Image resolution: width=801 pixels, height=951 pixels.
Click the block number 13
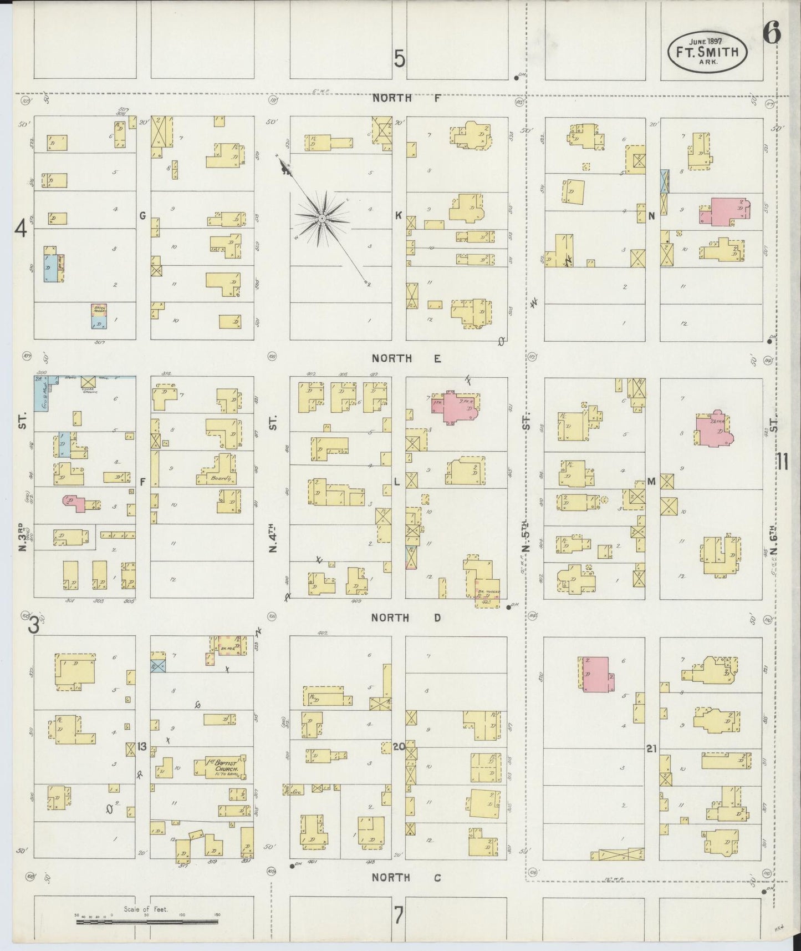(x=142, y=746)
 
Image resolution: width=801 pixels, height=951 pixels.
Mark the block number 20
(x=399, y=747)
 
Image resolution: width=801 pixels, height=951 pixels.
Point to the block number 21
(x=651, y=748)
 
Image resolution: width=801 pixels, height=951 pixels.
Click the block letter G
(x=142, y=215)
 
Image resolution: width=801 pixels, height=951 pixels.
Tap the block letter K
(x=398, y=215)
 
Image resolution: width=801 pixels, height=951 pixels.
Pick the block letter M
(x=651, y=481)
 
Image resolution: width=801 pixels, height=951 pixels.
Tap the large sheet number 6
(x=771, y=34)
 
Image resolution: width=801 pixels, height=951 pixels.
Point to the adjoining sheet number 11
(x=783, y=461)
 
